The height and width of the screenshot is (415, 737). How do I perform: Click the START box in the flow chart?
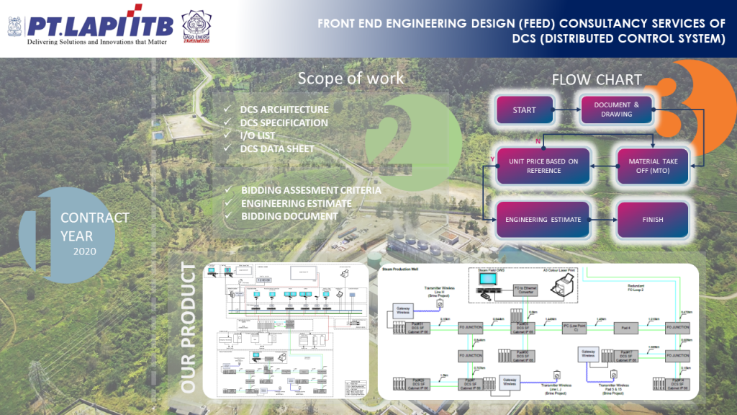[x=524, y=110]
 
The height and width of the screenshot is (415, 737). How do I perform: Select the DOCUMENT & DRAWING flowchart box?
[x=616, y=110]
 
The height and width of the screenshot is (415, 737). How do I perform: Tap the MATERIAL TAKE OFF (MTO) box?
[x=654, y=166]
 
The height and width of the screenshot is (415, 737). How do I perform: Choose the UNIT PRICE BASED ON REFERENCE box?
[x=543, y=166]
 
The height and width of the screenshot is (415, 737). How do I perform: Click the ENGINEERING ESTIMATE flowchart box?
[x=543, y=220]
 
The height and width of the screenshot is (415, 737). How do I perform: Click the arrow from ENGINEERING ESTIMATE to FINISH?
[x=603, y=220]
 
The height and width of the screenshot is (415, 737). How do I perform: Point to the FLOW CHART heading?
[x=597, y=80]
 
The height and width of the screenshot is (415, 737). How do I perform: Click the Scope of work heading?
[x=351, y=78]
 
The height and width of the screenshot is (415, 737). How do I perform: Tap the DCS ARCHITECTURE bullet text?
[x=284, y=110]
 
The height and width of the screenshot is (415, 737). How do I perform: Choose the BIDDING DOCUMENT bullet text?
[x=289, y=216]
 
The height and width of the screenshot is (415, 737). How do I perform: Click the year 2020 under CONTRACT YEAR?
[x=84, y=251]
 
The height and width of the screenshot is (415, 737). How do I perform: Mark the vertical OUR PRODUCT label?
[x=189, y=328]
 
